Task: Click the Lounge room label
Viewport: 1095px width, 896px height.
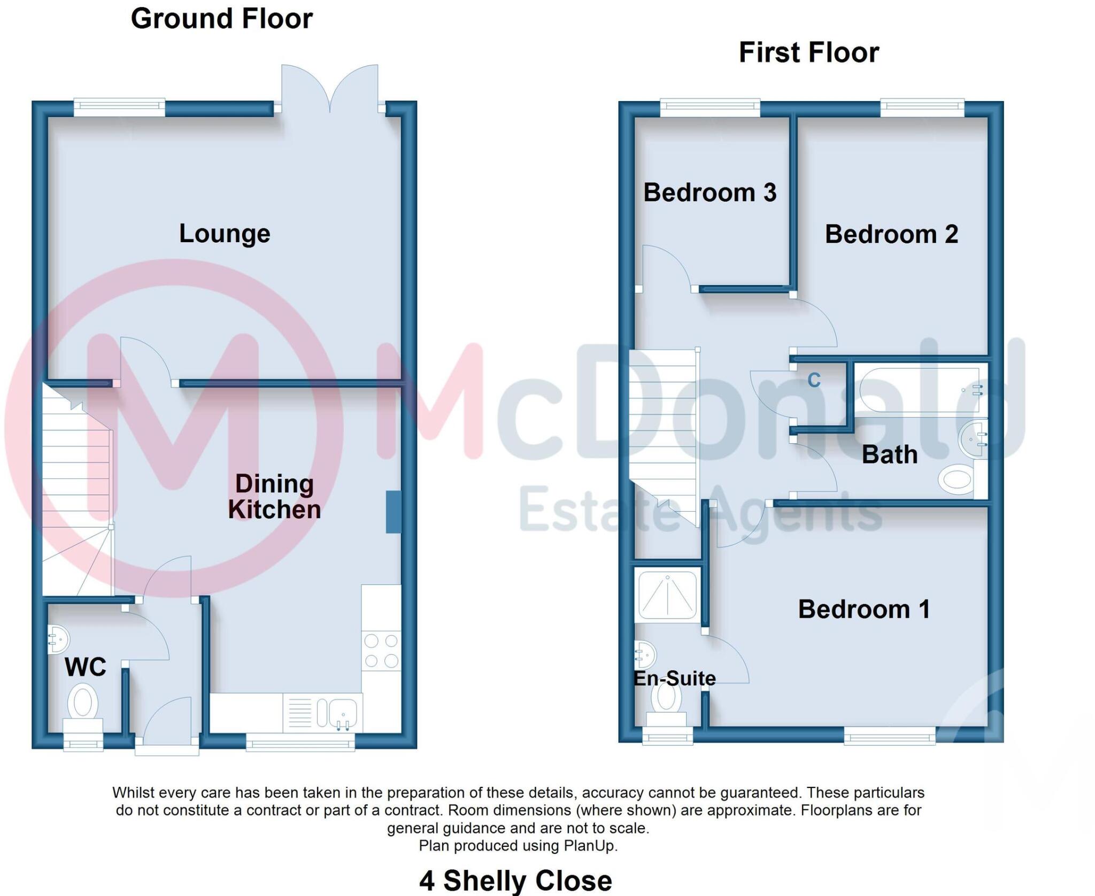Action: pos(225,234)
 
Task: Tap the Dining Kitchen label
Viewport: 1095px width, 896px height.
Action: pos(274,497)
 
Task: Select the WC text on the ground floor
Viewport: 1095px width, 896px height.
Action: pos(85,667)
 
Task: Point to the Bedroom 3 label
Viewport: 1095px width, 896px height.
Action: pos(710,192)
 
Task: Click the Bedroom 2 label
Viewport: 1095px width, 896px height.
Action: pos(891,234)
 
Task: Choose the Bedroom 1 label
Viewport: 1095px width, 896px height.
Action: pos(864,609)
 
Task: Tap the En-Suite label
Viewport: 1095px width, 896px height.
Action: pos(674,678)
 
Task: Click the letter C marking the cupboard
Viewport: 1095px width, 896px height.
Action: pos(814,380)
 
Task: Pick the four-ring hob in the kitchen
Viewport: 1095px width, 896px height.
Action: pos(381,651)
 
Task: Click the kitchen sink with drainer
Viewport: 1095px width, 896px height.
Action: pos(323,713)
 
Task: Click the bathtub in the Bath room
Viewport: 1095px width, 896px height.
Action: pos(920,390)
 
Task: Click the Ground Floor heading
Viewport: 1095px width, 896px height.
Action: pos(221,19)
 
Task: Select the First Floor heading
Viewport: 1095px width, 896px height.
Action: pos(808,52)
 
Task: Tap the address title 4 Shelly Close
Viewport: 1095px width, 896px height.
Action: pos(515,880)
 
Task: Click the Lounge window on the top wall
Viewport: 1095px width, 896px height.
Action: pos(119,107)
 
